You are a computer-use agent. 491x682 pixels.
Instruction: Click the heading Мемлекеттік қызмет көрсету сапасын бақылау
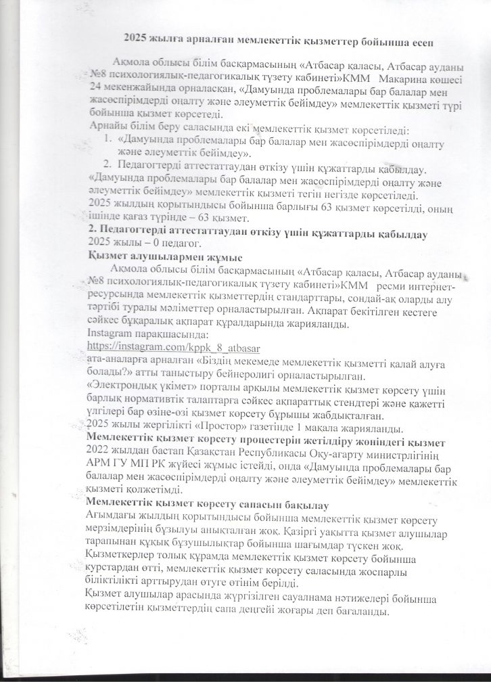(208, 505)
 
